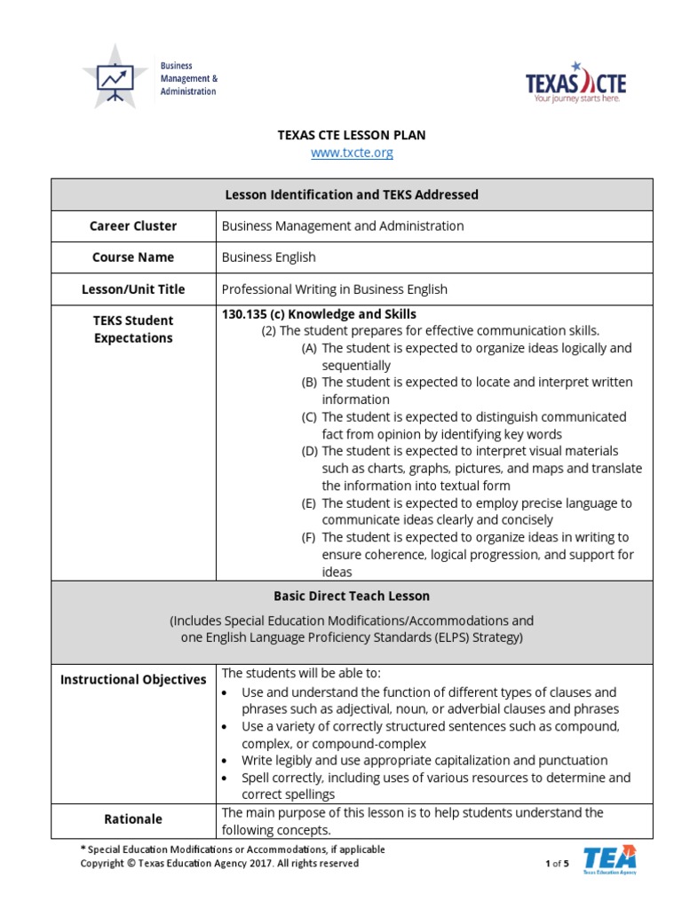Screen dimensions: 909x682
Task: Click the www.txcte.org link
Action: click(x=352, y=153)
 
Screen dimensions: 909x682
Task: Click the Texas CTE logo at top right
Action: click(x=575, y=83)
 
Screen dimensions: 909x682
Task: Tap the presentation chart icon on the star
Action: click(x=115, y=79)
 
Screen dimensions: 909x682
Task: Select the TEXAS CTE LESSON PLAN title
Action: click(x=352, y=135)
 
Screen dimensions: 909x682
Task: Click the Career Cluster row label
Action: click(x=133, y=225)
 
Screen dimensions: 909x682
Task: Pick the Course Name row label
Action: click(x=133, y=257)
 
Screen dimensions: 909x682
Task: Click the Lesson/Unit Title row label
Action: click(x=133, y=289)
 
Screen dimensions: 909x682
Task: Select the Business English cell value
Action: click(x=268, y=257)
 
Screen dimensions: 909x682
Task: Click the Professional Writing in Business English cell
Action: click(x=334, y=289)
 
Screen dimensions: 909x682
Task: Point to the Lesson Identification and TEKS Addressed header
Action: click(x=352, y=194)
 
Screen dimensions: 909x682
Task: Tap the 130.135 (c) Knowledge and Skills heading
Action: click(x=319, y=314)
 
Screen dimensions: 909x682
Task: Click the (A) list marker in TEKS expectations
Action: click(x=309, y=349)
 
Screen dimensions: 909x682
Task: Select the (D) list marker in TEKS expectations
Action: click(x=309, y=452)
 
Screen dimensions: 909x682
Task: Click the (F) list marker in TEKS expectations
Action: click(x=309, y=538)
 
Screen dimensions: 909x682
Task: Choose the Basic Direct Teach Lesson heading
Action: click(x=352, y=596)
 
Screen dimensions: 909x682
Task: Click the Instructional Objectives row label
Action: click(x=133, y=680)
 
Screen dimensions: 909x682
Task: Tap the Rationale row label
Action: click(x=133, y=819)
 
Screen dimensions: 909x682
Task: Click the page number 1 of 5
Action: click(x=557, y=863)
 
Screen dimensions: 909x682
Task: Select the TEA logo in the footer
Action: click(x=609, y=859)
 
